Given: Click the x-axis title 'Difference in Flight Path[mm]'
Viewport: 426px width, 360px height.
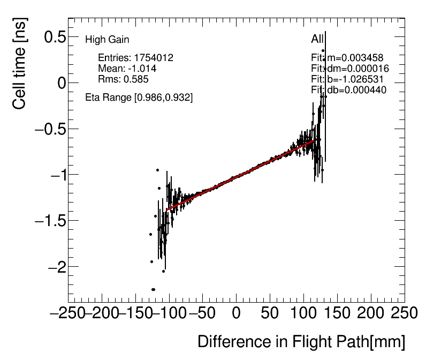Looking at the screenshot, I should point(301,342).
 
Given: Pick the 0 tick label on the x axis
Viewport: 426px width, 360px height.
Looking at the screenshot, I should point(236,313).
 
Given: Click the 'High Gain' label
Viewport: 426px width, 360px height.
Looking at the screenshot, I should point(107,40).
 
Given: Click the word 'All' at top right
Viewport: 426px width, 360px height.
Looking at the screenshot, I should point(317,40).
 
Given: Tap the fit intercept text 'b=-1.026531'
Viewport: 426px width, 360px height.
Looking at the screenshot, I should point(354,79).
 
